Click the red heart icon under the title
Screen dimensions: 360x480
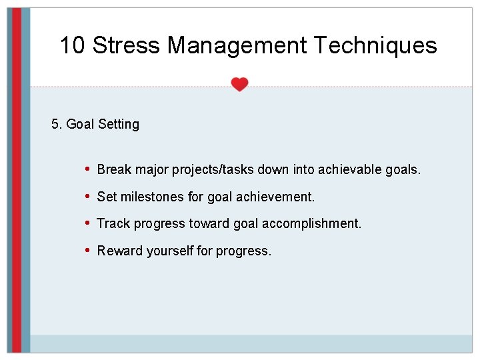coord(239,85)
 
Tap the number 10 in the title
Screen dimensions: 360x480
coord(73,45)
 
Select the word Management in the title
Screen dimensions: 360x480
coord(236,45)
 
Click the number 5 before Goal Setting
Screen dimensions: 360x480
coord(55,124)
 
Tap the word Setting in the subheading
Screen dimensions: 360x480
coord(119,125)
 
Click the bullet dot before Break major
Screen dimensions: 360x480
coord(89,169)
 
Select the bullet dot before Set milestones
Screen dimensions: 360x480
coord(89,196)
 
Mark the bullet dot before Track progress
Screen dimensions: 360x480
coord(89,223)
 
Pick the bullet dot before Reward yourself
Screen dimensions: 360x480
coord(89,250)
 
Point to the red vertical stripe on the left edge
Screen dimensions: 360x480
coord(17,180)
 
